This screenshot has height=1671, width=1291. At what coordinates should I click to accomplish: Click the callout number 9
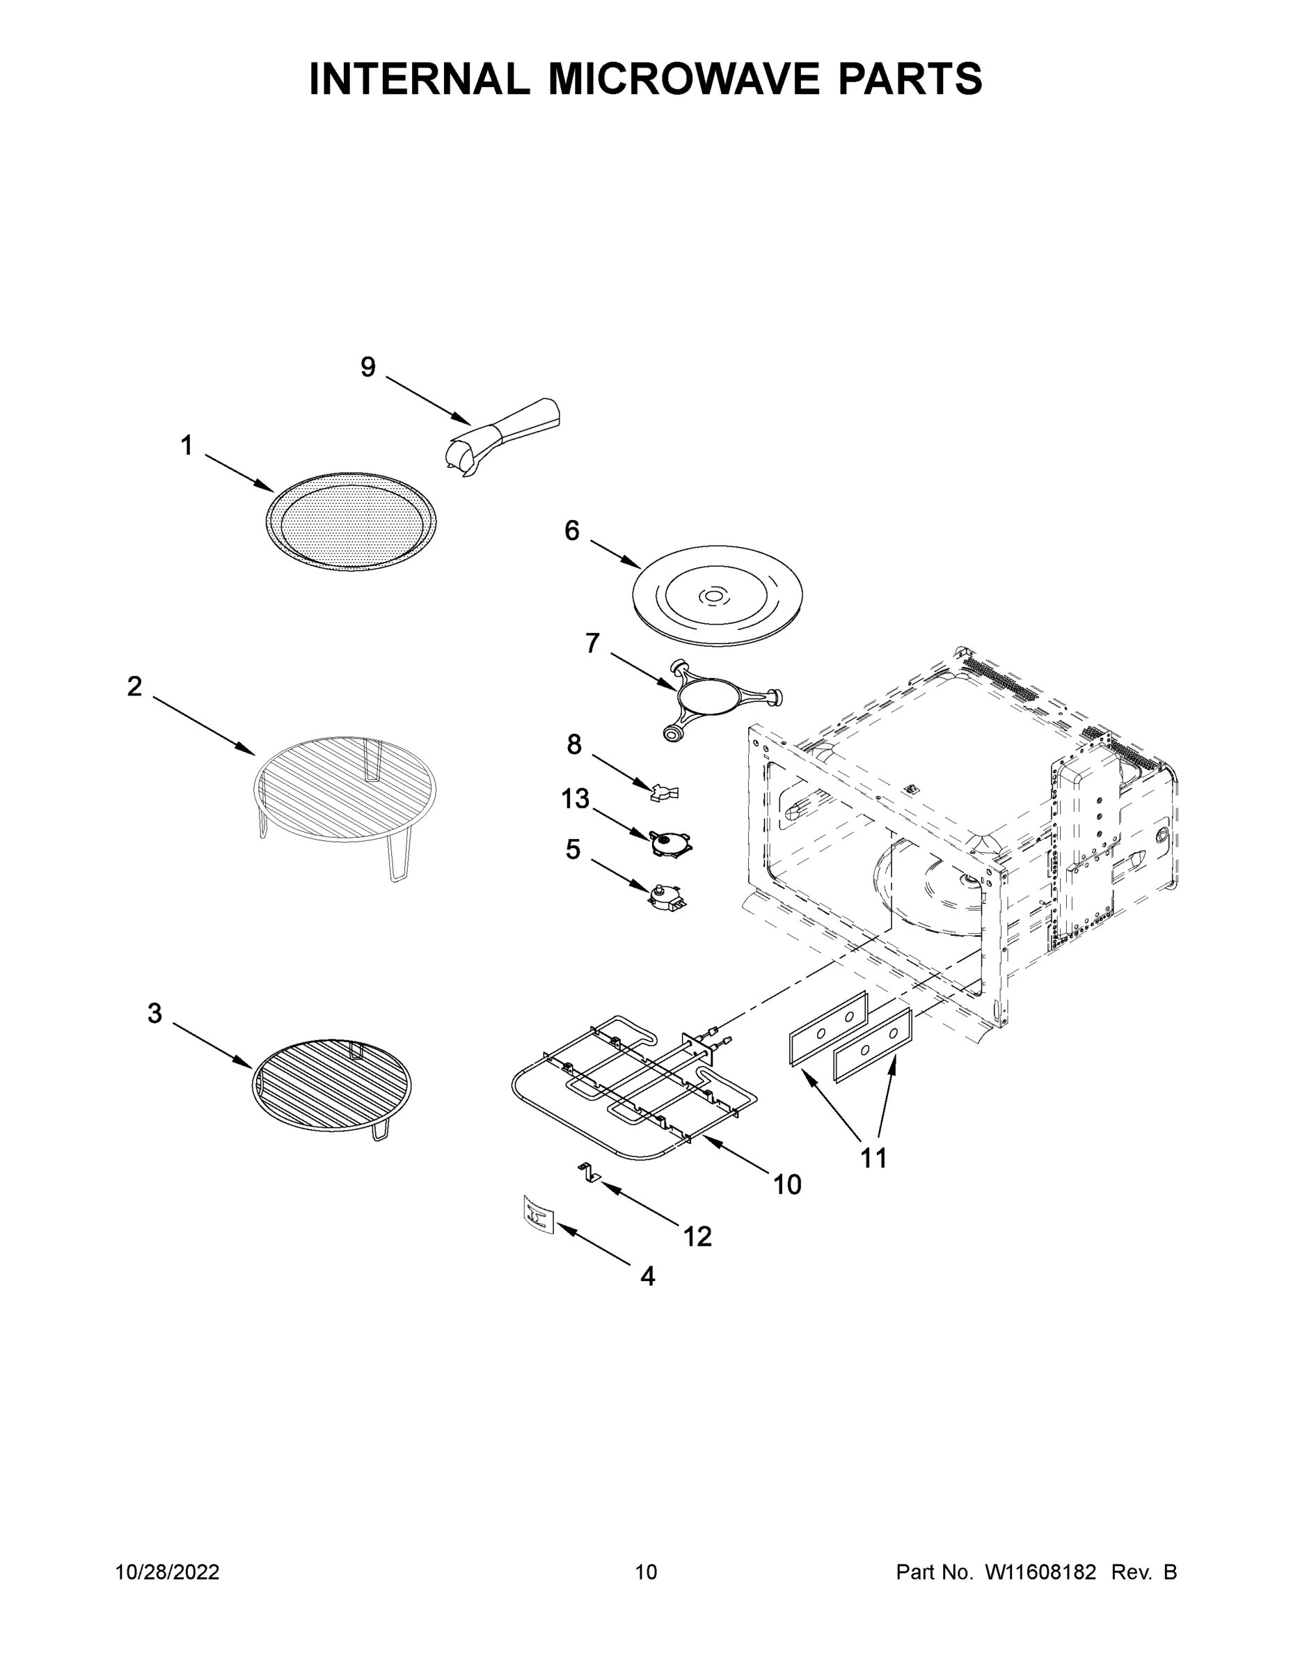368,368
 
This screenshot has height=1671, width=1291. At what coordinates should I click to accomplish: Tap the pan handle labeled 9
505,439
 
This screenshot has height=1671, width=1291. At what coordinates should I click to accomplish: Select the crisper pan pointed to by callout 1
353,521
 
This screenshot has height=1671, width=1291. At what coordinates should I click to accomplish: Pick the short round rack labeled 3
331,1084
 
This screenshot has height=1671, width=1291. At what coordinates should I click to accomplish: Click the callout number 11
874,1158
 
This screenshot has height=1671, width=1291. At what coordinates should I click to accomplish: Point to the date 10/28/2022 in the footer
168,1571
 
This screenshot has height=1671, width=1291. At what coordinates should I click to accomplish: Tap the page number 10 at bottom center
647,1571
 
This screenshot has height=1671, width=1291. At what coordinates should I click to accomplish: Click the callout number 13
575,799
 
